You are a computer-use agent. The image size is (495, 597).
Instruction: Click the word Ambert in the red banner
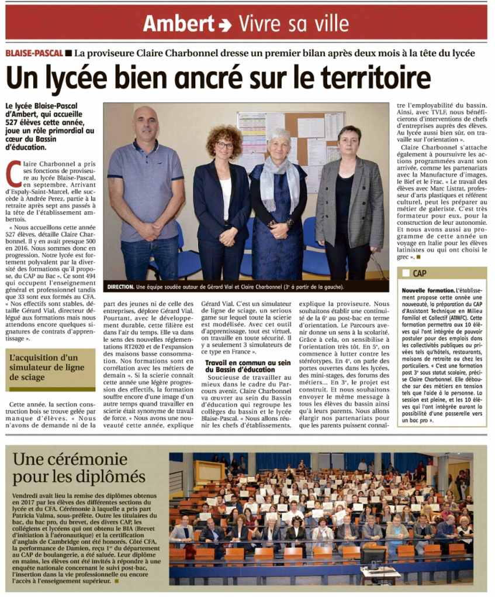click(179, 23)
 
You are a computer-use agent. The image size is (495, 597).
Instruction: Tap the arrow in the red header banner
click(225, 25)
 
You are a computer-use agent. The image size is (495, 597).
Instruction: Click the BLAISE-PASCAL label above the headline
click(34, 53)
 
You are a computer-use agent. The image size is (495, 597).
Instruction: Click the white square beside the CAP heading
click(406, 273)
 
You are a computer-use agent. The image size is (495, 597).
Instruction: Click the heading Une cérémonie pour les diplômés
click(79, 466)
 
